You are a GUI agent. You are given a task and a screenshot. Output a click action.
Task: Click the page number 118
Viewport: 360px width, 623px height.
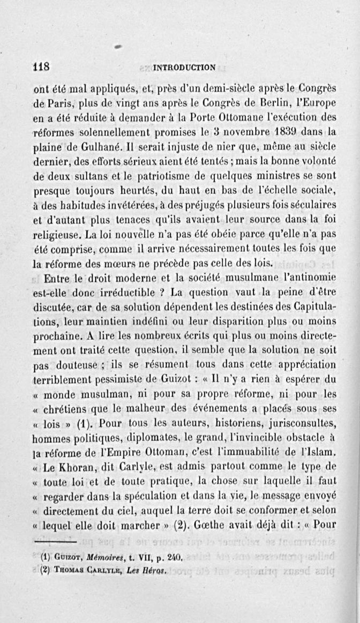point(41,67)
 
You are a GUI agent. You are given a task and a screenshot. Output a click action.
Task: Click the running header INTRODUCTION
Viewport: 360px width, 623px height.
point(184,68)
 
